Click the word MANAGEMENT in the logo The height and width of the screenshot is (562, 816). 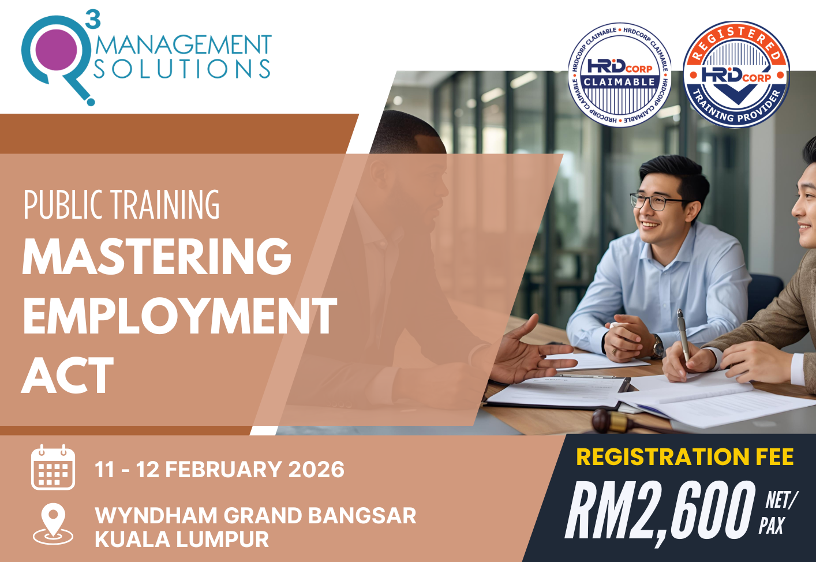coord(183,46)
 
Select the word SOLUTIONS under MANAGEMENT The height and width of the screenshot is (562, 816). coord(182,69)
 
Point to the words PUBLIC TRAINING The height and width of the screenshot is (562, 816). coord(122,205)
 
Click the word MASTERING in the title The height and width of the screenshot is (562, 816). coord(157,257)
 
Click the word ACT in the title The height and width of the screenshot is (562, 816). coord(68,376)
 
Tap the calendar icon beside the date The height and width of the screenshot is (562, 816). coord(53,468)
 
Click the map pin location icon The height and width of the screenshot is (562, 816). coord(53,524)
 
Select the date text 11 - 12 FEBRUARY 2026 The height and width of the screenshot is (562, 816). coord(219,470)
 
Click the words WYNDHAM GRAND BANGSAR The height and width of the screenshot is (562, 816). coord(255,515)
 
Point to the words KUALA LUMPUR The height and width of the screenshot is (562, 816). coord(182,539)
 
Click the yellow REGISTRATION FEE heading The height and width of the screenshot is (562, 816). coord(685,457)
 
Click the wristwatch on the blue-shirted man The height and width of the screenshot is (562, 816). coord(657,347)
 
